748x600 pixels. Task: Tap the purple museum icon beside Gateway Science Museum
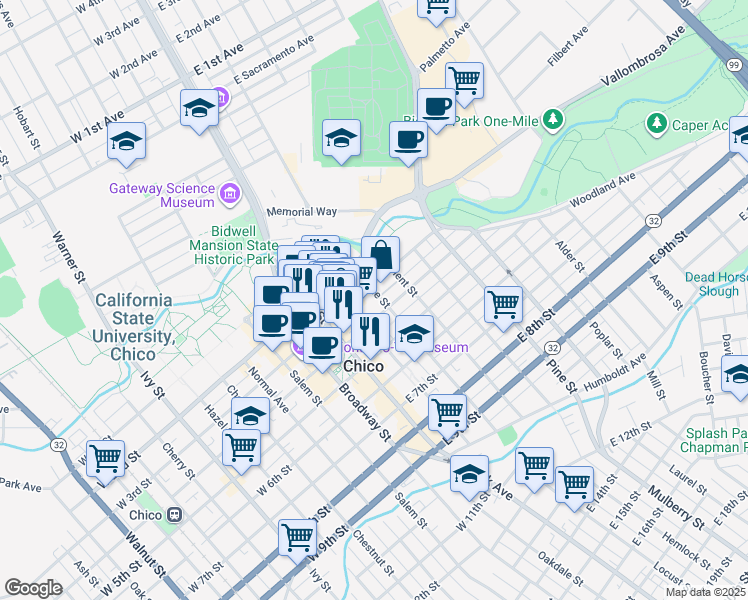(x=230, y=192)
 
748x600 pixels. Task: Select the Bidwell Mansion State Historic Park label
(x=234, y=251)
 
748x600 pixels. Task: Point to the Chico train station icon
(x=175, y=515)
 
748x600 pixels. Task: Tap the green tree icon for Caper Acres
(x=657, y=123)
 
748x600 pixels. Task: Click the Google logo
(x=33, y=588)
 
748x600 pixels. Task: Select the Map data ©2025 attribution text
(x=705, y=593)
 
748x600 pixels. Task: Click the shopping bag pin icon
(x=380, y=254)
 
